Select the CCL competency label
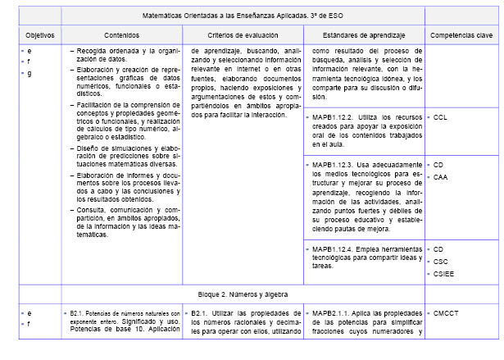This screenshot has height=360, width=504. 440,118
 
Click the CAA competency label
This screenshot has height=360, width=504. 440,176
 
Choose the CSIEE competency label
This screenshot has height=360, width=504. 443,273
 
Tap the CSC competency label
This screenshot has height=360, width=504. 440,261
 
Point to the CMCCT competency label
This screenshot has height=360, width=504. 445,314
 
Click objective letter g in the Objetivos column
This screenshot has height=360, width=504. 30,74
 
